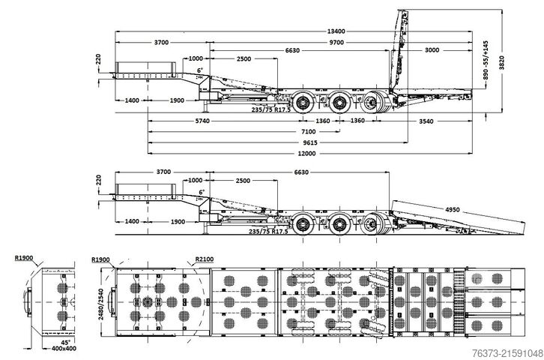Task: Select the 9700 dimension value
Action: click(336, 43)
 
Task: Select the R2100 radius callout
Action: click(203, 259)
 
